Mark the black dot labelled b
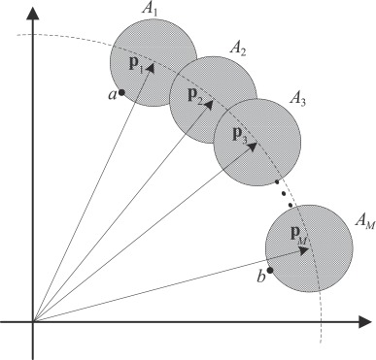(271, 269)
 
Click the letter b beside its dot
(259, 278)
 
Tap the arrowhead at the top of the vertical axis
(34, 9)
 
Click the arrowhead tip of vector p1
(154, 65)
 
